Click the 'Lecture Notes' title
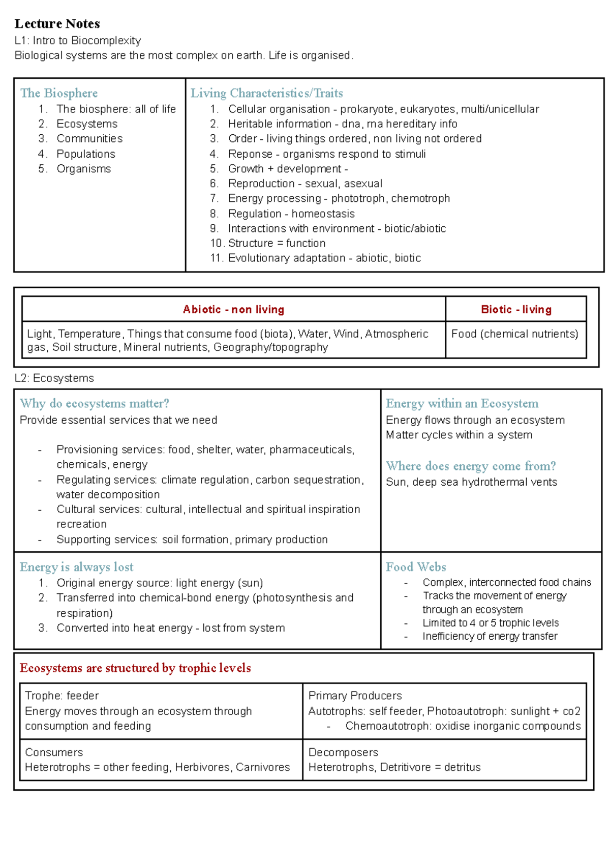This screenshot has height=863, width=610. pos(57,24)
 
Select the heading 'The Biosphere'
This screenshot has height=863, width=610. pos(59,93)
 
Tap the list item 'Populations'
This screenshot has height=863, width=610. pos(85,154)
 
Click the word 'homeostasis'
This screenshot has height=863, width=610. pos(323,214)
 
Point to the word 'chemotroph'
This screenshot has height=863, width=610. pos(420,198)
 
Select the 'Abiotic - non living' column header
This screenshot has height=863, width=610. pos(233,309)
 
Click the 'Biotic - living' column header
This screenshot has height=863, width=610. pos(516,309)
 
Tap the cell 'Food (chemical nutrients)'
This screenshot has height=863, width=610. pos(514,334)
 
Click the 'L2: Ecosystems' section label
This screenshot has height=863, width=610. pos(54,378)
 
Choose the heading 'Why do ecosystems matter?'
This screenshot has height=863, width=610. pos(95,403)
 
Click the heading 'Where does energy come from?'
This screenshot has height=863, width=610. pos(471,466)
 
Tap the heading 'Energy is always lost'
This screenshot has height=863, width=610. pos(77,567)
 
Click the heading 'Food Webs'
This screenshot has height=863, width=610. pos(416,567)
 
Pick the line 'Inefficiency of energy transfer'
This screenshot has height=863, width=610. pos(490,636)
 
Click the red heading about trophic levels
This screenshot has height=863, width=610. pos(135,668)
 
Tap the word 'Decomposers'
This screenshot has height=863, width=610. pos(343,752)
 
